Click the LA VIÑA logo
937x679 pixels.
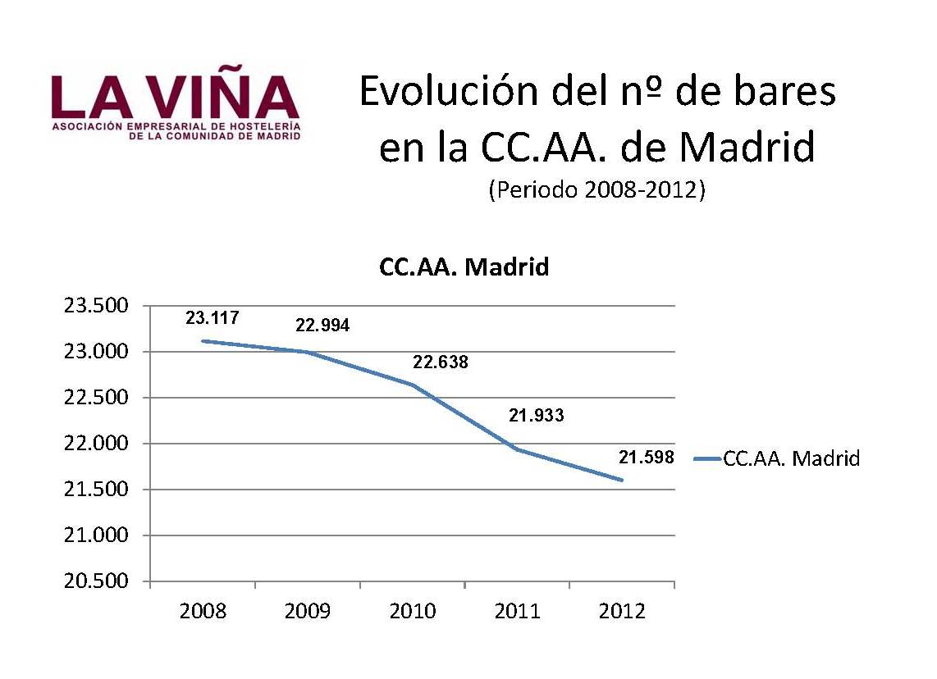[176, 106]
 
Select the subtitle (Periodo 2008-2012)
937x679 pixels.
[596, 190]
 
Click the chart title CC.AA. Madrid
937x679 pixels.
[464, 267]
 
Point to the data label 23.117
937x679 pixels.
[213, 317]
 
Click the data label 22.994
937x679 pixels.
[322, 326]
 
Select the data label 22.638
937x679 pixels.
[441, 361]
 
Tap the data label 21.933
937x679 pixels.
[537, 415]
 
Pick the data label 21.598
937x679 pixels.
[647, 458]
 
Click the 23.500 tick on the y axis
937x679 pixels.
[96, 306]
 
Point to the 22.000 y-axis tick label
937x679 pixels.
[96, 444]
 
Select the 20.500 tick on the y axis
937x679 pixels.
[96, 581]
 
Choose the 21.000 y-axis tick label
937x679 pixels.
[96, 535]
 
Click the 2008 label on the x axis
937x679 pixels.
[203, 612]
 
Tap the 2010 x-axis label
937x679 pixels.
[413, 612]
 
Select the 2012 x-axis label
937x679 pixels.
[623, 612]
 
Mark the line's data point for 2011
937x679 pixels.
[518, 449]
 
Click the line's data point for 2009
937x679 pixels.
[308, 353]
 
